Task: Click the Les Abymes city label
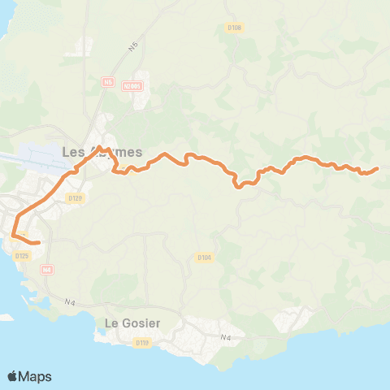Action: pos(102,152)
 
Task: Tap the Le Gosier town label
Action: pos(133,323)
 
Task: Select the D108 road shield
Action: pos(235,28)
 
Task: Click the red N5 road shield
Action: pos(106,81)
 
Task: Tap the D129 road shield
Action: pos(76,197)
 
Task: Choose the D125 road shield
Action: pos(22,256)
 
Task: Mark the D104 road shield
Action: pos(204,258)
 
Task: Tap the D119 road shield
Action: pos(142,342)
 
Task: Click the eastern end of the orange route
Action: pos(378,169)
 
